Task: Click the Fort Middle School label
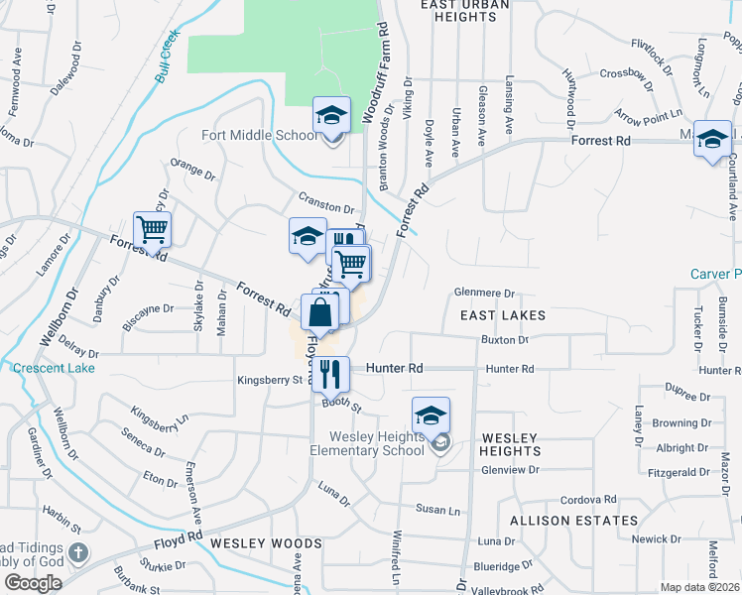point(261,136)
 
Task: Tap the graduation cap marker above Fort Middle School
point(332,116)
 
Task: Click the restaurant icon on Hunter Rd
point(330,374)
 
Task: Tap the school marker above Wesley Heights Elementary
point(431,415)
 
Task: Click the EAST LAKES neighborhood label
point(502,315)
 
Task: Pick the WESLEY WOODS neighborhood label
point(266,543)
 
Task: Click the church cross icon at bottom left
point(79,552)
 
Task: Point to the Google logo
point(33,583)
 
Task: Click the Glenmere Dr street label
point(485,293)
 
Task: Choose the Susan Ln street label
point(438,511)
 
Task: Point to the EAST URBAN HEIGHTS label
point(464,11)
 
